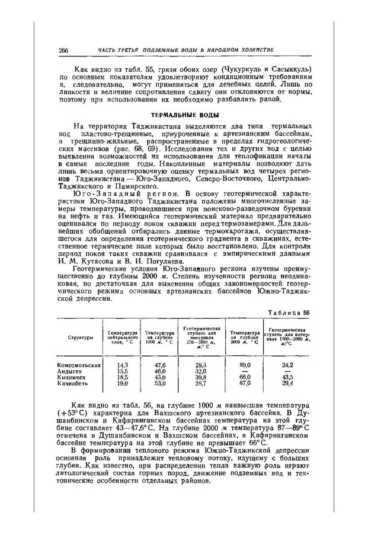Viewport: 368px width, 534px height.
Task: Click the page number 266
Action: (x=64, y=49)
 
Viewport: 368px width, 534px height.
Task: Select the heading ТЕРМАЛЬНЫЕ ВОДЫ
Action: (x=184, y=115)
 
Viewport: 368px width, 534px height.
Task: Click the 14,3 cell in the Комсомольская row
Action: (x=123, y=365)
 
